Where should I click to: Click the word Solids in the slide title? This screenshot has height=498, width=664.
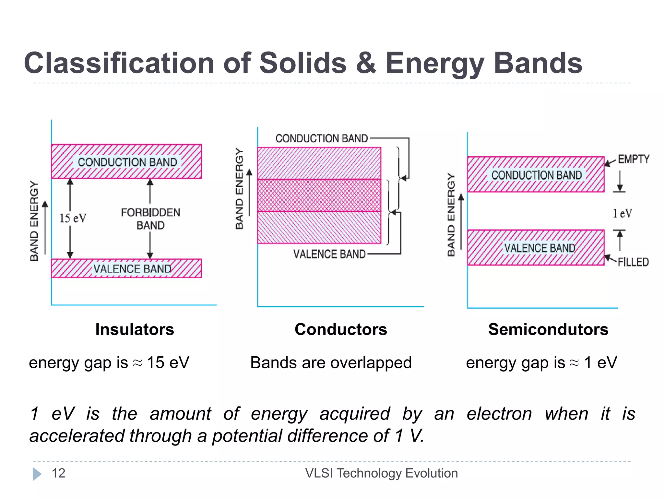pos(303,63)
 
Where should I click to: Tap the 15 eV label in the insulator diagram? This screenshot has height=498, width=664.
pos(73,218)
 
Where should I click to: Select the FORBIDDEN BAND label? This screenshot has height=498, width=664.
pos(150,219)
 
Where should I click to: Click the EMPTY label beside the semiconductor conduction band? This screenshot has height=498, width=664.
pos(634,159)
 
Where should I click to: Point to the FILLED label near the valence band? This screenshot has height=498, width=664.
pos(633,262)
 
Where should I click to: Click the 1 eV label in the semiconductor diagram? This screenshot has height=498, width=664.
pos(622,214)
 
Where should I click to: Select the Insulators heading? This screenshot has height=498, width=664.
pos(135,329)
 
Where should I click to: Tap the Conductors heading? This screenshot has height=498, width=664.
pos(341,329)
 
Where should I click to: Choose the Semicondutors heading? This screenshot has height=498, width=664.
pos(548,329)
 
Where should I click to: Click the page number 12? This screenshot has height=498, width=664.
pos(58,473)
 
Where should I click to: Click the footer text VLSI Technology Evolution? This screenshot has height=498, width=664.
pos(381,473)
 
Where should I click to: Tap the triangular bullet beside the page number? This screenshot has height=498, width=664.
pos(37,474)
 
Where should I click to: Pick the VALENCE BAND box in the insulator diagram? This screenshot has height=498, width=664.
pos(126,268)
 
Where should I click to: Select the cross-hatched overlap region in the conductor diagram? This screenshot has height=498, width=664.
pos(319,196)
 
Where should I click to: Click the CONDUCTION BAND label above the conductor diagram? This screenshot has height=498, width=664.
pos(322,138)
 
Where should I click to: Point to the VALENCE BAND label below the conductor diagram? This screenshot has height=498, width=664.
pos(329,254)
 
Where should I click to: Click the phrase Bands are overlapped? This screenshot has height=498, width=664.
pos(331,362)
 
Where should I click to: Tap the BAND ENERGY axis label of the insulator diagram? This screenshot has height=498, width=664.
pos(34,221)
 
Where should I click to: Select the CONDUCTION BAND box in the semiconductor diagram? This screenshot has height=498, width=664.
pos(536,175)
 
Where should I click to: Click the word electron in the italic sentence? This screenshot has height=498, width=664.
pos(499,414)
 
